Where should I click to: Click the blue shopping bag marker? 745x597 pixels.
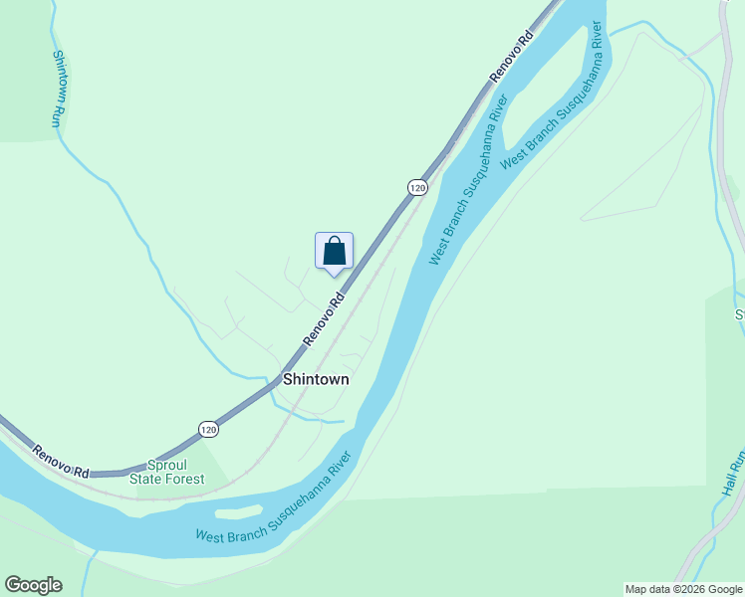[334, 251]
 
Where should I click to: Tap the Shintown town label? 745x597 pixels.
[316, 379]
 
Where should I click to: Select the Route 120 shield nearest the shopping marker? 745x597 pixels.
[417, 187]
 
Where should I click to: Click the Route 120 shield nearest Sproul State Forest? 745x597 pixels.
[207, 429]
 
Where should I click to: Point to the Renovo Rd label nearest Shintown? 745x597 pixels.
[324, 319]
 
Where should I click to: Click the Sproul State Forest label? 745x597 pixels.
[167, 472]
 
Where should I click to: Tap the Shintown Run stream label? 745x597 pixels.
[56, 89]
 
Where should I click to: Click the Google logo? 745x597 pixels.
[33, 585]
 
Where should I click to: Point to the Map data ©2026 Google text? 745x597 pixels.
[683, 589]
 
